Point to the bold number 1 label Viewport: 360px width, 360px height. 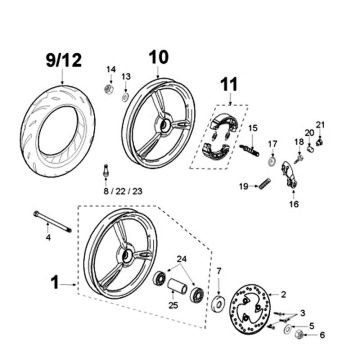click(x=56, y=284)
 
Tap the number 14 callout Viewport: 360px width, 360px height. click(x=111, y=68)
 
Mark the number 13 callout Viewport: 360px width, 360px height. click(x=126, y=76)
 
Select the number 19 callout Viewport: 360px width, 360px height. click(x=242, y=186)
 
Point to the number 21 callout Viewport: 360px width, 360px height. click(x=321, y=124)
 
